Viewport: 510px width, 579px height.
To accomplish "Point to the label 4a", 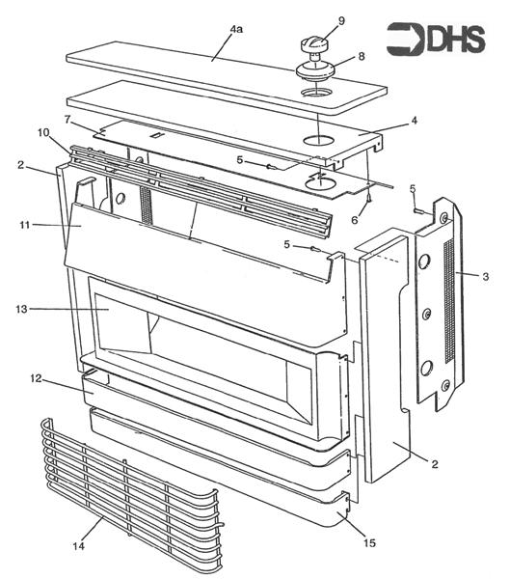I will [x=236, y=31].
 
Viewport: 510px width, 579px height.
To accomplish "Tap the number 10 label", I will [x=44, y=132].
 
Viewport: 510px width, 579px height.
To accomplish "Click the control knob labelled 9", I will [x=315, y=43].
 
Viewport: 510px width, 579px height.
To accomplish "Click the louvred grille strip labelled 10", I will [x=202, y=188].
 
